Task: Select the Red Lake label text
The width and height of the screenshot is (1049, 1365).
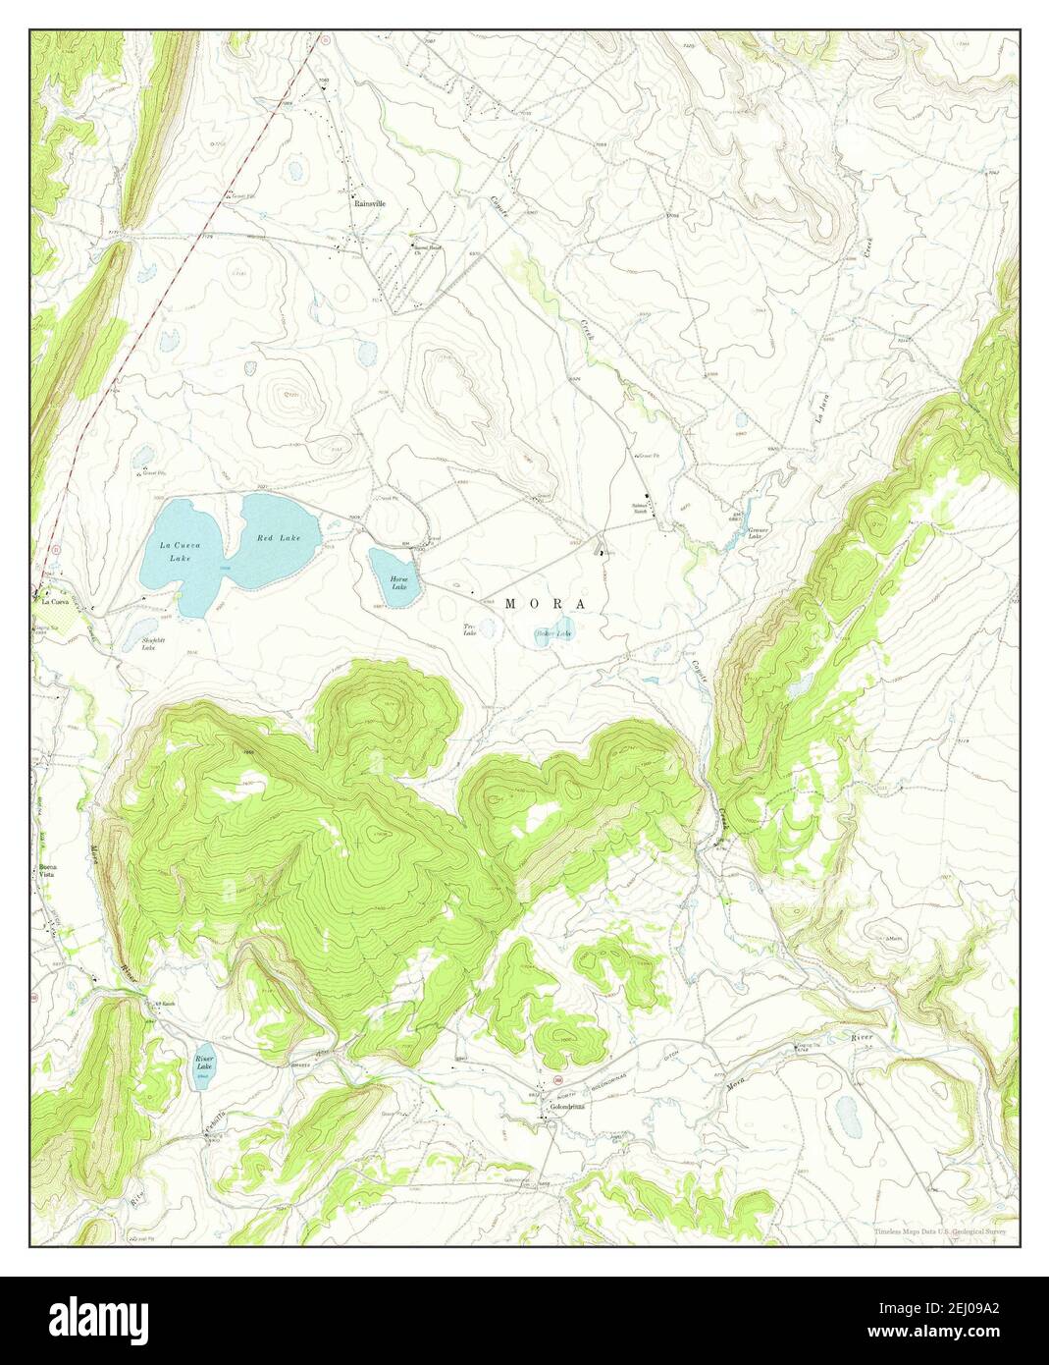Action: [x=279, y=538]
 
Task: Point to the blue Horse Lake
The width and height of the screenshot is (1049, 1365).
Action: [x=394, y=577]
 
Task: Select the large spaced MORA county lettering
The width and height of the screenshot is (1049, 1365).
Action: [x=546, y=604]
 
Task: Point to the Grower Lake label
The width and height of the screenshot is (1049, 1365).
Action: [x=758, y=532]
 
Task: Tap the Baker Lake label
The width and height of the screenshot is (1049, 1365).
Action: [x=552, y=633]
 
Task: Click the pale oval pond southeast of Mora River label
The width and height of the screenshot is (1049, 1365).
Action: [x=846, y=1115]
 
